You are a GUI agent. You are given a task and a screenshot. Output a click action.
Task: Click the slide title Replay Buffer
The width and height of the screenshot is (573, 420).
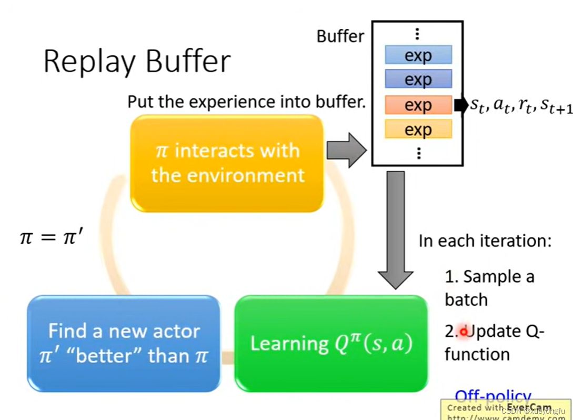137,62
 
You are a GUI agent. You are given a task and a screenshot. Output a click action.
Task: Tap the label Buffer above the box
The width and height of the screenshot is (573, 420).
340,36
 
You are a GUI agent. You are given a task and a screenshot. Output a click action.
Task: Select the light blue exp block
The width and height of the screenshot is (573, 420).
418,55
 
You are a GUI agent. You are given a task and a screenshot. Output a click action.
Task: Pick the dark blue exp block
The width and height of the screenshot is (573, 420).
418,79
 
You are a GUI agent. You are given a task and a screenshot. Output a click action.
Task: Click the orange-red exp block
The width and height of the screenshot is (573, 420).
418,105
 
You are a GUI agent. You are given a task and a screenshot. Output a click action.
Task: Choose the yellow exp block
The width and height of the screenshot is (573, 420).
418,129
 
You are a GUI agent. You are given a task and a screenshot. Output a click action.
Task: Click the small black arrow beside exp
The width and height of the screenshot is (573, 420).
460,105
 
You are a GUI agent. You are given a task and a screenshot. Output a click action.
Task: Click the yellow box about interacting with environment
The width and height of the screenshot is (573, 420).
227,163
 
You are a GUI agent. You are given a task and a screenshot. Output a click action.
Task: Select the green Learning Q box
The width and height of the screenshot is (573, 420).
330,343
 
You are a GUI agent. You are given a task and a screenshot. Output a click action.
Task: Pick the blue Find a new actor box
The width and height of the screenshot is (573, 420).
123,343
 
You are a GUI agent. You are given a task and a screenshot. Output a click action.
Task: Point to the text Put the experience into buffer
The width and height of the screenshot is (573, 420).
246,102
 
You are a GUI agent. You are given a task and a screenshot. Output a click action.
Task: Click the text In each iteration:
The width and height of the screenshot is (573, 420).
485,241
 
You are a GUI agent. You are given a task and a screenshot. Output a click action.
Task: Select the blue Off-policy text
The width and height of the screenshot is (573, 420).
492,396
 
